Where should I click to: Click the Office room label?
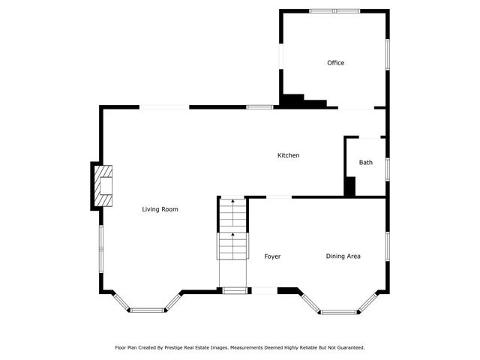tap(335, 63)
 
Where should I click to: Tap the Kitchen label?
tap(289, 155)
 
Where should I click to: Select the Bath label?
tap(365, 163)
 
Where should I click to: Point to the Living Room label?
tap(160, 209)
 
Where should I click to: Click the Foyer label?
tap(272, 256)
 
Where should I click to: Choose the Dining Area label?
tap(343, 256)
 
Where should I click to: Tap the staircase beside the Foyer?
tap(232, 229)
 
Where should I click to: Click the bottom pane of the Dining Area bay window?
tap(340, 311)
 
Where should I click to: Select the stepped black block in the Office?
tap(300, 101)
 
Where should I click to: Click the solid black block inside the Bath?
tap(349, 187)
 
